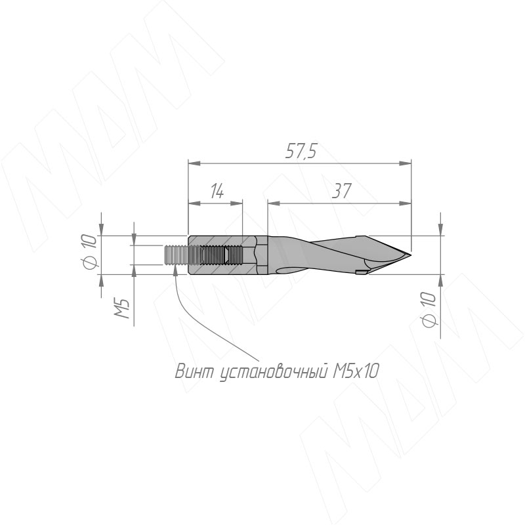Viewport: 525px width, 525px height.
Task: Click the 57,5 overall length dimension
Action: pos(301,152)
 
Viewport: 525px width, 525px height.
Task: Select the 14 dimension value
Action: pos(217,191)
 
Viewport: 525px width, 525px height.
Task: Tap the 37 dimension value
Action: pos(341,191)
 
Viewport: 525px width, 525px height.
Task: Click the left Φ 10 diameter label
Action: pos(89,251)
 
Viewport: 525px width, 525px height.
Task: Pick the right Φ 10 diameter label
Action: pos(429,309)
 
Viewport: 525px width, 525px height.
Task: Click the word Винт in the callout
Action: pos(194,371)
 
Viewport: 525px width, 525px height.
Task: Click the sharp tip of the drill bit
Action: pos(411,255)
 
